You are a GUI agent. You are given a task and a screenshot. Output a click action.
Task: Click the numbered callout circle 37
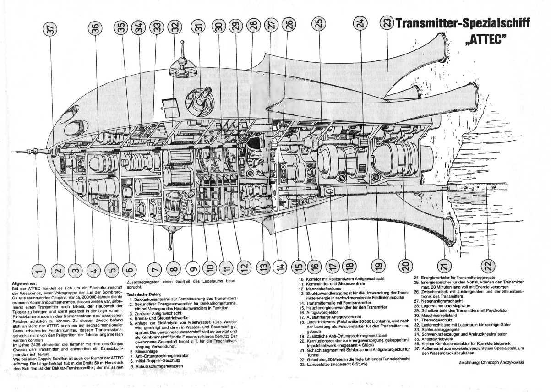51,30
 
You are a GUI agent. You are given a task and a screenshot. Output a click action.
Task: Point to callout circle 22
489,265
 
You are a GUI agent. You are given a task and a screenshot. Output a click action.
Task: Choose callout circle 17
333,265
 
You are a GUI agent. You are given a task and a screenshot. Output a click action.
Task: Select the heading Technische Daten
144,294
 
